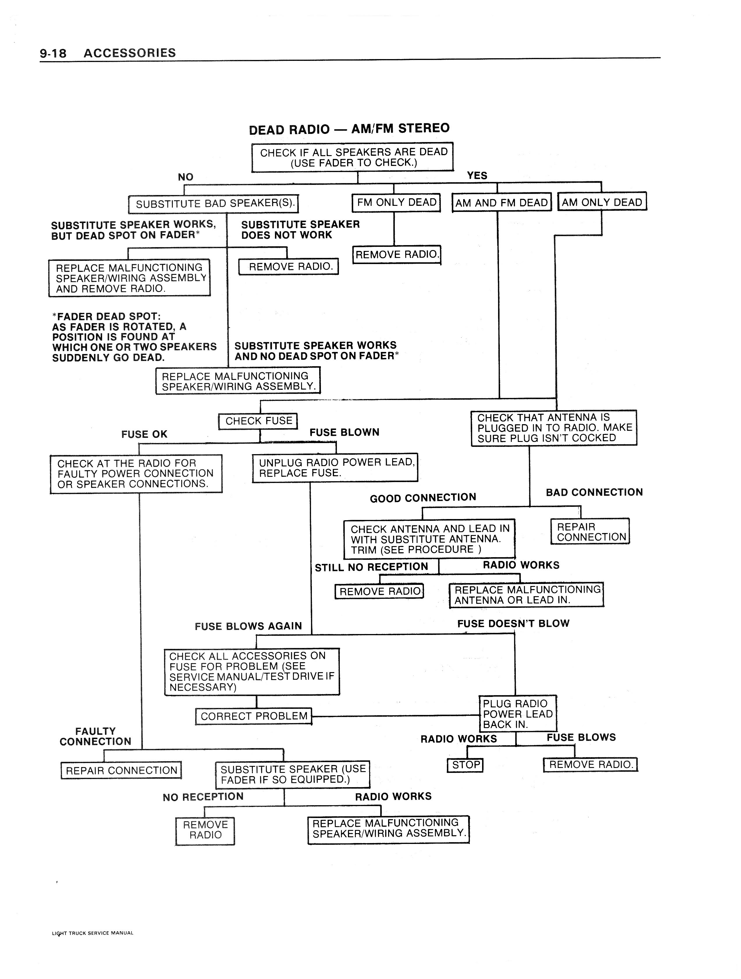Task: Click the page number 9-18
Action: pyautogui.click(x=53, y=54)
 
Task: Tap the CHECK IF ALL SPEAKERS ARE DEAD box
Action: pyautogui.click(x=353, y=157)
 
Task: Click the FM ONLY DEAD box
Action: pyautogui.click(x=396, y=202)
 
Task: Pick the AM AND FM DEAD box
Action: pyautogui.click(x=501, y=203)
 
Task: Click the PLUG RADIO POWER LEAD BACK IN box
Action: pyautogui.click(x=518, y=714)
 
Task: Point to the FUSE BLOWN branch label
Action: pyautogui.click(x=344, y=432)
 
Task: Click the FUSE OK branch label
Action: pyautogui.click(x=144, y=434)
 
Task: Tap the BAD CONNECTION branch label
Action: pyautogui.click(x=594, y=492)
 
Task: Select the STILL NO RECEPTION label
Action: pyautogui.click(x=371, y=567)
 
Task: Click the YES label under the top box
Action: pyautogui.click(x=477, y=176)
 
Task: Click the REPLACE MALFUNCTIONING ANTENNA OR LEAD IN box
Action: pyautogui.click(x=527, y=595)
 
